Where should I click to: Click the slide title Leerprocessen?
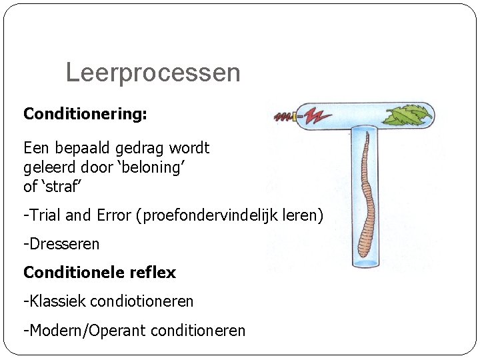click(153, 73)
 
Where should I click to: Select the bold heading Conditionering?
click(85, 114)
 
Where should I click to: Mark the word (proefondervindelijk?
click(212, 216)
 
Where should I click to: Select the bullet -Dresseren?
click(61, 244)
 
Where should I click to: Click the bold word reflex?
click(153, 273)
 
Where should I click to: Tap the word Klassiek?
click(57, 301)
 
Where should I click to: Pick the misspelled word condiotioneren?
click(141, 301)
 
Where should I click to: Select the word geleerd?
click(49, 167)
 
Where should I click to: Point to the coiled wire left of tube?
click(284, 117)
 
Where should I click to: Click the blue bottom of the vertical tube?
click(365, 263)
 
